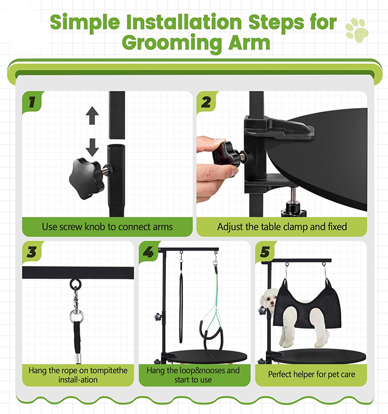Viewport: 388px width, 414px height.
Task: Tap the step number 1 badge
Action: (32, 101)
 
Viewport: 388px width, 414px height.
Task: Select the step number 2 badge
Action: (206, 101)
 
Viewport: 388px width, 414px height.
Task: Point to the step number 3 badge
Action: (32, 253)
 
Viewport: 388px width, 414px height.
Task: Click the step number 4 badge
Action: (148, 253)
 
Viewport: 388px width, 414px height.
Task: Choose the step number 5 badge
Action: (265, 253)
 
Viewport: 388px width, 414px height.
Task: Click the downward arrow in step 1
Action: (92, 146)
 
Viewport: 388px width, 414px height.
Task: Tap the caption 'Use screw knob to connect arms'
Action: (107, 227)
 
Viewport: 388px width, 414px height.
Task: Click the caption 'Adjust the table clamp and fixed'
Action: (282, 227)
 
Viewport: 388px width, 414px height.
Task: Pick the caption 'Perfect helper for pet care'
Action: (311, 374)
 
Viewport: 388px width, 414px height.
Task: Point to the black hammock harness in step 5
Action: (300, 305)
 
